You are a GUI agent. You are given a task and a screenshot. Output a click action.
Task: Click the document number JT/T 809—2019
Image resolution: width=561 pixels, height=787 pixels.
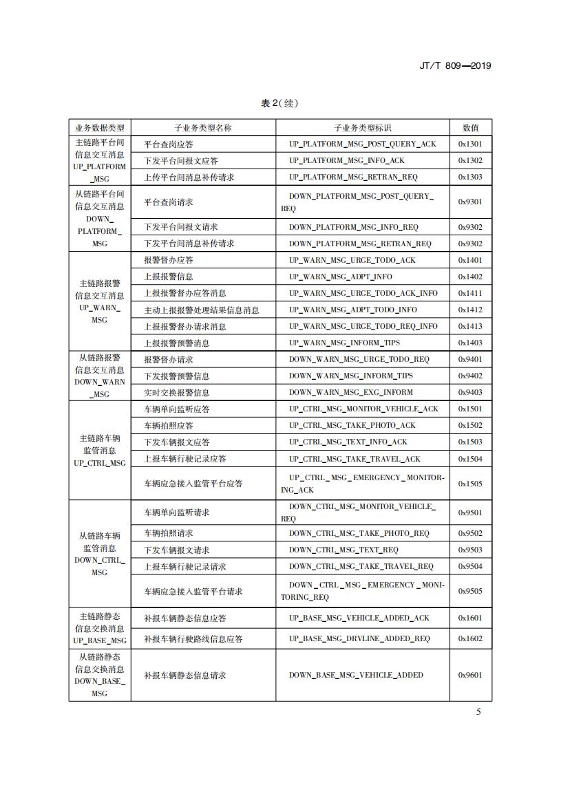(454, 66)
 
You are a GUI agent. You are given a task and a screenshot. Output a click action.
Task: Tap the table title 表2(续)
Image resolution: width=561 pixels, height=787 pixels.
(280, 103)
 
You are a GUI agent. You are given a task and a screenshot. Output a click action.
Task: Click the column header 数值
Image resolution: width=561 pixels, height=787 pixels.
(471, 128)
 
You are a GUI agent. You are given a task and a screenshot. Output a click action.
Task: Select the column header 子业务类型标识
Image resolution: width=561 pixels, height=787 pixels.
(363, 128)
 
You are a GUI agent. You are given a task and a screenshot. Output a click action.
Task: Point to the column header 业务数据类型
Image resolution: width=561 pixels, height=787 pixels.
(100, 128)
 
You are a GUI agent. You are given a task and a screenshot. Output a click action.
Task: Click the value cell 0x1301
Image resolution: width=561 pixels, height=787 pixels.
(471, 144)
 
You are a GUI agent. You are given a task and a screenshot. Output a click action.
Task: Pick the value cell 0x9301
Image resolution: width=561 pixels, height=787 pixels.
(471, 202)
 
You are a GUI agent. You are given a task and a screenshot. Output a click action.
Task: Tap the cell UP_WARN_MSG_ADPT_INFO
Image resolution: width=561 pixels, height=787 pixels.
(341, 277)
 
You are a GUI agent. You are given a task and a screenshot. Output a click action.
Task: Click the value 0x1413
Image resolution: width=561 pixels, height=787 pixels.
(471, 326)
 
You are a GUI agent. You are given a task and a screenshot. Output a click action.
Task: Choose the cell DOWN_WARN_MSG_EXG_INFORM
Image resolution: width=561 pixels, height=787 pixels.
(351, 393)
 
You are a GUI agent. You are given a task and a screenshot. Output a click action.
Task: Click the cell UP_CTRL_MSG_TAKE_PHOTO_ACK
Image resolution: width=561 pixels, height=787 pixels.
(352, 426)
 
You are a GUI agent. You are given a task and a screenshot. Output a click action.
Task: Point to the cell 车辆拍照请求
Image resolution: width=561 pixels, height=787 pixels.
(169, 533)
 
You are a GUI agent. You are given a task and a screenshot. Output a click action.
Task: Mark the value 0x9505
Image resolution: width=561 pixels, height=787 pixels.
(471, 591)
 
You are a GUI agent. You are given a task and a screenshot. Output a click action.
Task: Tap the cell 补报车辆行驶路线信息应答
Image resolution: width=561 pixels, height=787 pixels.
(193, 639)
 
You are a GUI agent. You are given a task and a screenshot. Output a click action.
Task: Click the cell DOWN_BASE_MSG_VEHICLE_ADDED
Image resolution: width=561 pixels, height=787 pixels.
(356, 676)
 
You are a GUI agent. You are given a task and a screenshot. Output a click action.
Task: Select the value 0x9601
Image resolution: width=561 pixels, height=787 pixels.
(471, 676)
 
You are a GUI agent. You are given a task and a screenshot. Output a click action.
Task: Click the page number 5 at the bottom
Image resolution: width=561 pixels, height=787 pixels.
(479, 711)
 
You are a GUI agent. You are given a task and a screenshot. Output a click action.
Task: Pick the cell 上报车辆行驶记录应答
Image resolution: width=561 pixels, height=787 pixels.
(185, 459)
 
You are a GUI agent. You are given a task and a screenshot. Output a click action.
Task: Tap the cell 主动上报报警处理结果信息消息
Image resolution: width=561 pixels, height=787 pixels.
(202, 310)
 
